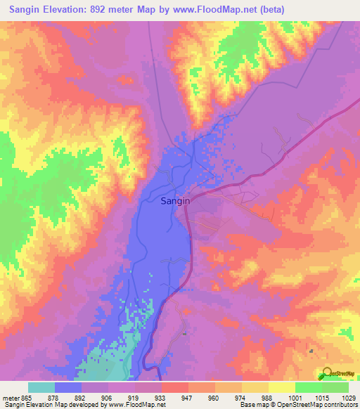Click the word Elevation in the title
tap(81, 11)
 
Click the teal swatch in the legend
tap(41, 387)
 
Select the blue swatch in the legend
tap(68, 387)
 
